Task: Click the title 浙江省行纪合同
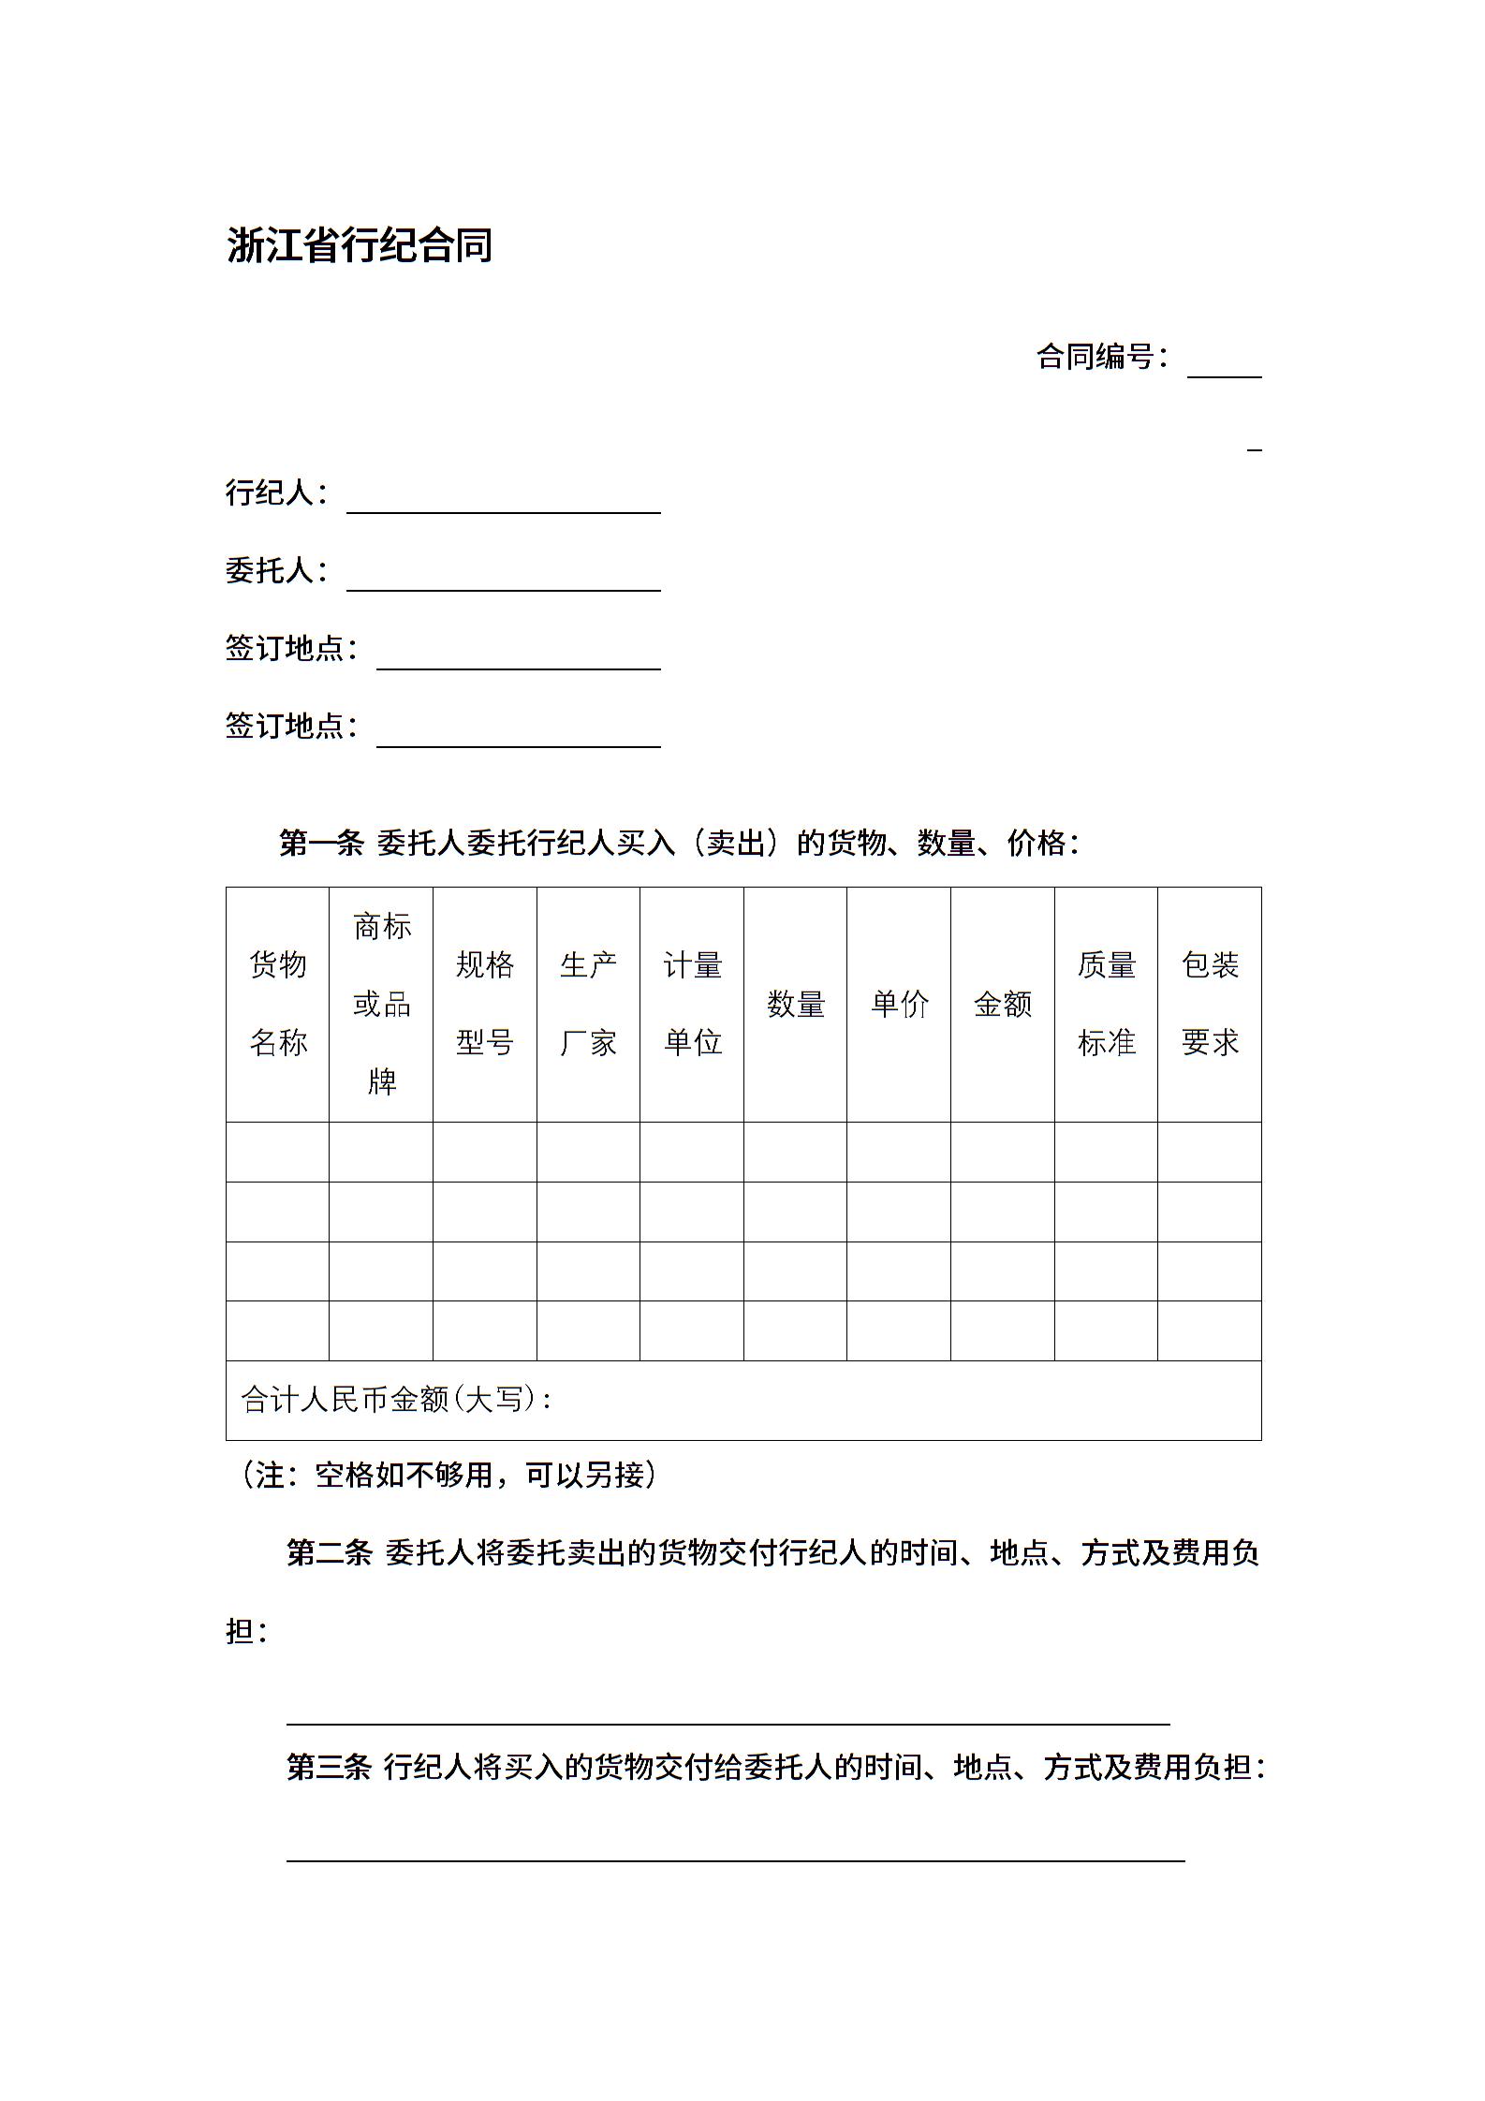(360, 245)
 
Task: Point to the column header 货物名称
(278, 1003)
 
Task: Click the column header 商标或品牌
(382, 1004)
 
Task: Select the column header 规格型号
(485, 1003)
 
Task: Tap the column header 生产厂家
(588, 1003)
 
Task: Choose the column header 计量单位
(693, 1003)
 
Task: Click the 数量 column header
(796, 1005)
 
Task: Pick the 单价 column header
(900, 1005)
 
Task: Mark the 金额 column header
(1003, 1005)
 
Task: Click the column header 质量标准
(1107, 1003)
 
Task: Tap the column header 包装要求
(1210, 1003)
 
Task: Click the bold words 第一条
(321, 844)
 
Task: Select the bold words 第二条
(329, 1553)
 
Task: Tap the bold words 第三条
(329, 1767)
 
